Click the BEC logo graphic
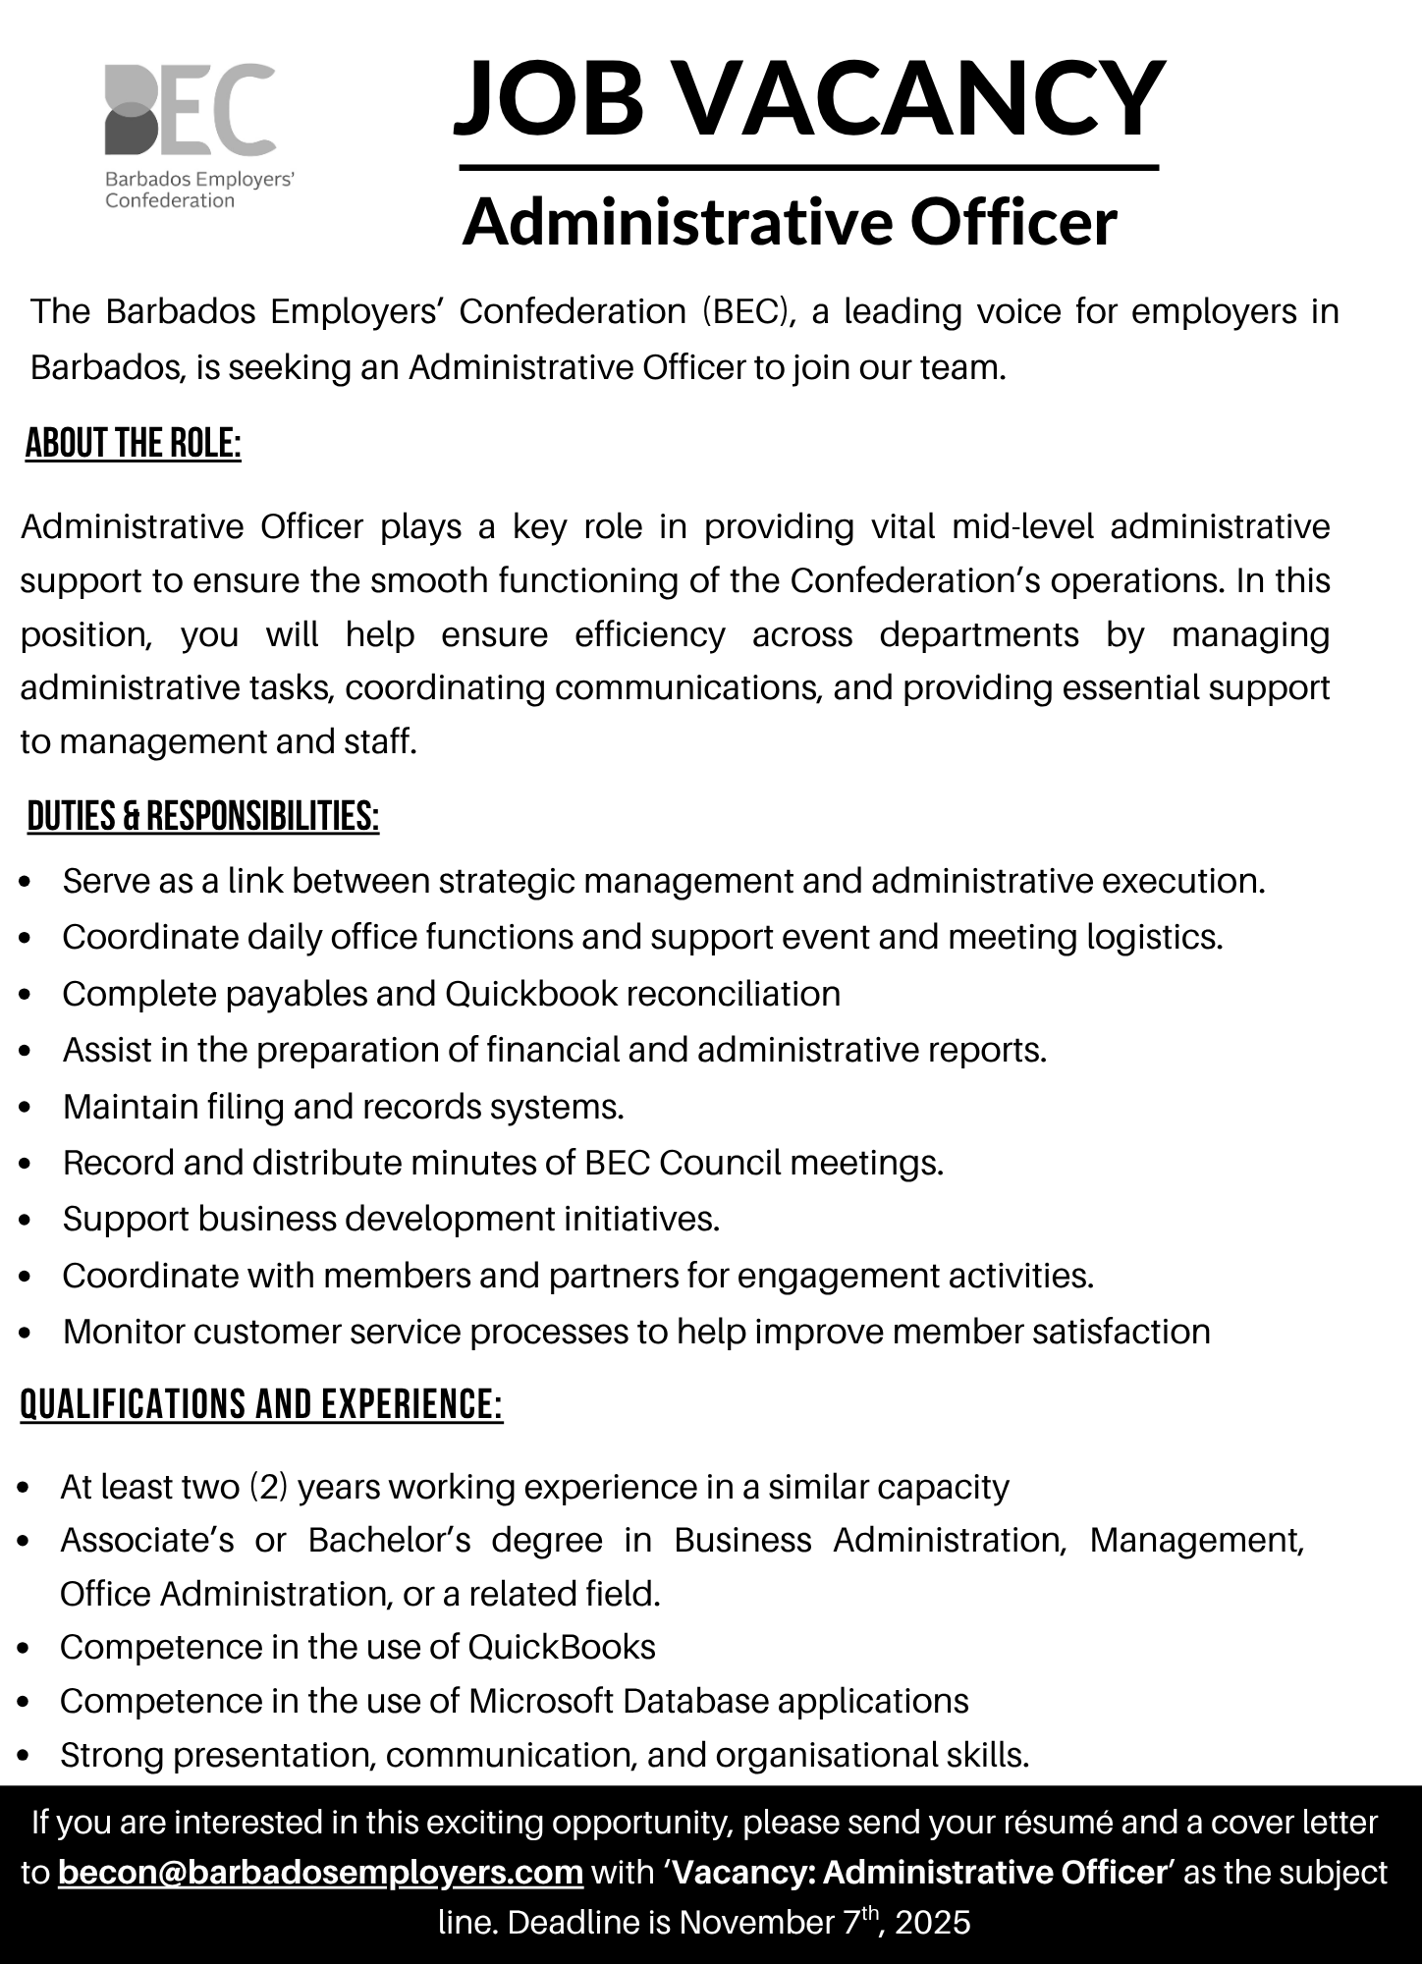(x=190, y=110)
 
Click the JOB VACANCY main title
(x=809, y=98)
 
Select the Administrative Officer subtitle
(x=790, y=222)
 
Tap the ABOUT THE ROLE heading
(x=134, y=444)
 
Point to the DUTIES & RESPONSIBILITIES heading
(x=203, y=817)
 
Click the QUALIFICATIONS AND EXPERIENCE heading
(x=261, y=1404)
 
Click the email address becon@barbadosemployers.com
(x=321, y=1873)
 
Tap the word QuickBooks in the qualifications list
(x=562, y=1647)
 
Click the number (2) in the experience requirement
(x=269, y=1487)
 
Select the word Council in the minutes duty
(x=720, y=1163)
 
